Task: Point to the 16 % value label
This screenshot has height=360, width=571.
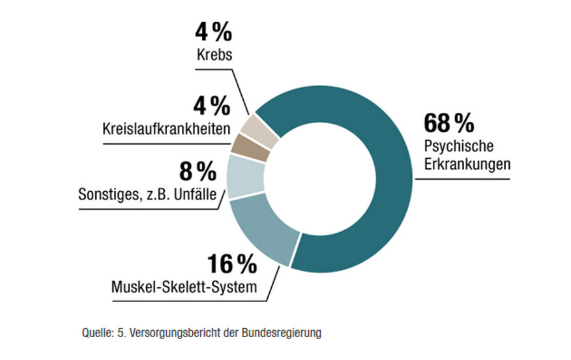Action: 232,264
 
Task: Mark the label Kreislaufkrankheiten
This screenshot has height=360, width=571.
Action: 166,128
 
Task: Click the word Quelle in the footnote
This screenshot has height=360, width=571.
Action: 96,333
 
